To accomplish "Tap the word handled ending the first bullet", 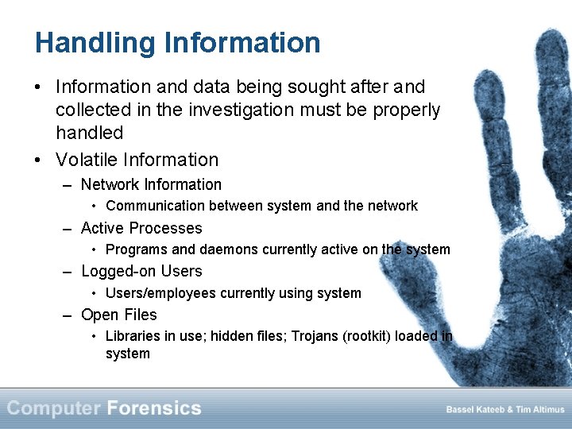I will (x=89, y=132).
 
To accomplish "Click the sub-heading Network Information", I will (x=151, y=184).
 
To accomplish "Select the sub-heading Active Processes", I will (x=141, y=228).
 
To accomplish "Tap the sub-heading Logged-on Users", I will (x=141, y=271).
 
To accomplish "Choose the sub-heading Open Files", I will (x=119, y=315).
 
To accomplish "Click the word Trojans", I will (x=315, y=336).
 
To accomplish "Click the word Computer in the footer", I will (x=54, y=408).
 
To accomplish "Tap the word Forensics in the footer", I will (x=154, y=408).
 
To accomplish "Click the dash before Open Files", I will (x=70, y=315).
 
